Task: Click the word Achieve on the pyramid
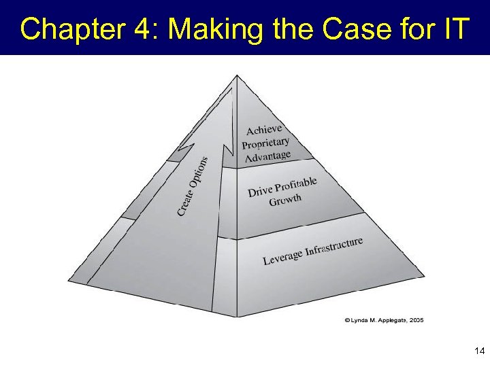pos(263,130)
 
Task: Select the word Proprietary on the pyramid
pos(265,144)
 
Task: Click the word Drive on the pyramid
pos(260,192)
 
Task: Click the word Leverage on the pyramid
pos(282,258)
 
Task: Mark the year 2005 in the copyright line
pos(415,319)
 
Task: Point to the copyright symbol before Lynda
pos(346,319)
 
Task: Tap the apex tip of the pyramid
pos(236,75)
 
